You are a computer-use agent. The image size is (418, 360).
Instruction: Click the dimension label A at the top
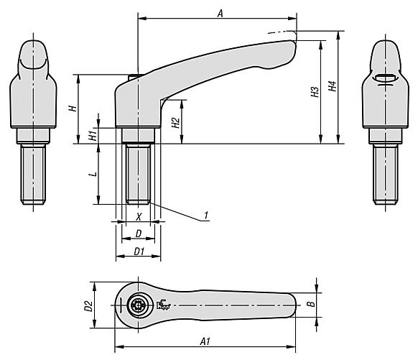[220, 13]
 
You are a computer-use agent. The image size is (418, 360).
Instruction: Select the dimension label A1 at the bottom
[205, 341]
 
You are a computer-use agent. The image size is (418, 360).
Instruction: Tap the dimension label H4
[332, 86]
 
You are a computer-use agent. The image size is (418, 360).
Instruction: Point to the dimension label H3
[315, 92]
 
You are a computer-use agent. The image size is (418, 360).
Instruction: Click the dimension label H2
[176, 122]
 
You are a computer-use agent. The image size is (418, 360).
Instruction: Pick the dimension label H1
[92, 136]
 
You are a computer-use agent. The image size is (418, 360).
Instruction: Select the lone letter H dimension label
[73, 109]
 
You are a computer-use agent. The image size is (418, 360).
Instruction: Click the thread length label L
[93, 174]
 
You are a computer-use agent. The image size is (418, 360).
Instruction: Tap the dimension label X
[139, 217]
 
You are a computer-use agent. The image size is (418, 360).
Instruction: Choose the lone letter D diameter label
[139, 234]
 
